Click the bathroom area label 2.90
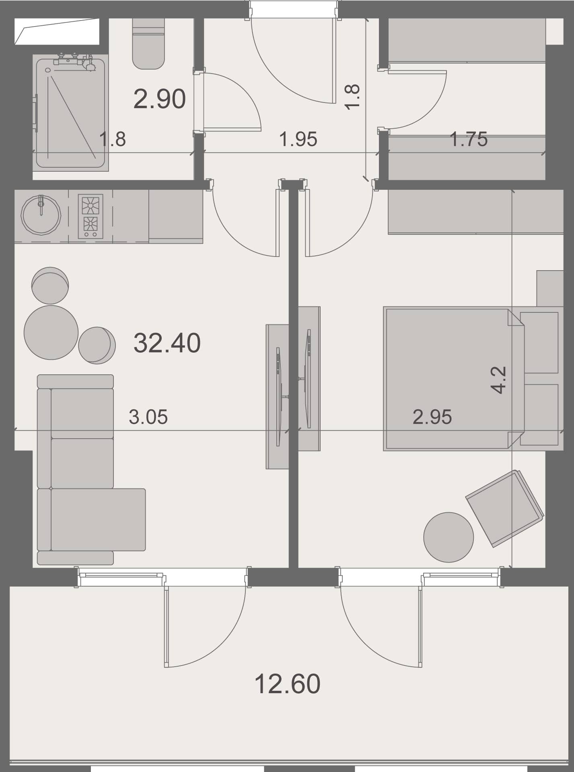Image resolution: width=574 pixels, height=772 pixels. pos(159,99)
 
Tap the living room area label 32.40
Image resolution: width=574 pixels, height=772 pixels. pos(167,343)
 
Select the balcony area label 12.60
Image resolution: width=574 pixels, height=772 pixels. pos(287,684)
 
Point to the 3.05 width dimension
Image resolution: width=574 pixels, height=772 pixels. pos(148,417)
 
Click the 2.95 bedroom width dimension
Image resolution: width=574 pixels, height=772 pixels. pos(432,417)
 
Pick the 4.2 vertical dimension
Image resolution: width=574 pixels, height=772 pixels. pos(499,380)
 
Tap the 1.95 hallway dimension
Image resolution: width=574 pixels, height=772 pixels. pos(298,139)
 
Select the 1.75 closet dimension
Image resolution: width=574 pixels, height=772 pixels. pos(468,139)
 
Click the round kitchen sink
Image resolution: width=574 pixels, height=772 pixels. pos(41,215)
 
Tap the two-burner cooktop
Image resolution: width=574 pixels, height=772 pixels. pos(91,216)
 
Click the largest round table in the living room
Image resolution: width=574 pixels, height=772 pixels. pos(51,333)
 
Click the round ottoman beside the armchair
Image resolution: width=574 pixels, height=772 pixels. pos(449,537)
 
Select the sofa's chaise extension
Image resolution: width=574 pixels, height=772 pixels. pos(98,519)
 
